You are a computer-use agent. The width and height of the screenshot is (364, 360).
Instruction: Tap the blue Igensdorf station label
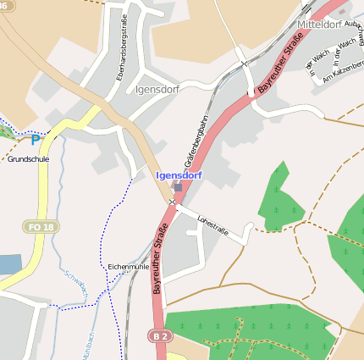point(179,175)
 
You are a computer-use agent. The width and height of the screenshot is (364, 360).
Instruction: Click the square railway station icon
point(178,187)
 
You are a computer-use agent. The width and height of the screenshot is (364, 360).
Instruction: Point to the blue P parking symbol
point(36,141)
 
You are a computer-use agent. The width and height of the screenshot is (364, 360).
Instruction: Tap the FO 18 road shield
point(40,227)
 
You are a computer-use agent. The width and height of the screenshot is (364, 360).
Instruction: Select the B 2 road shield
point(159,336)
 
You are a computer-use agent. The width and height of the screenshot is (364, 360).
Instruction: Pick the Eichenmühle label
point(129,266)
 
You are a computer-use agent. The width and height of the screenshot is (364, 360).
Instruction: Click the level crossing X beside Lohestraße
point(172,202)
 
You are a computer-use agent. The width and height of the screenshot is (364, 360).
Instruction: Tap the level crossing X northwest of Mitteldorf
point(244,62)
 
